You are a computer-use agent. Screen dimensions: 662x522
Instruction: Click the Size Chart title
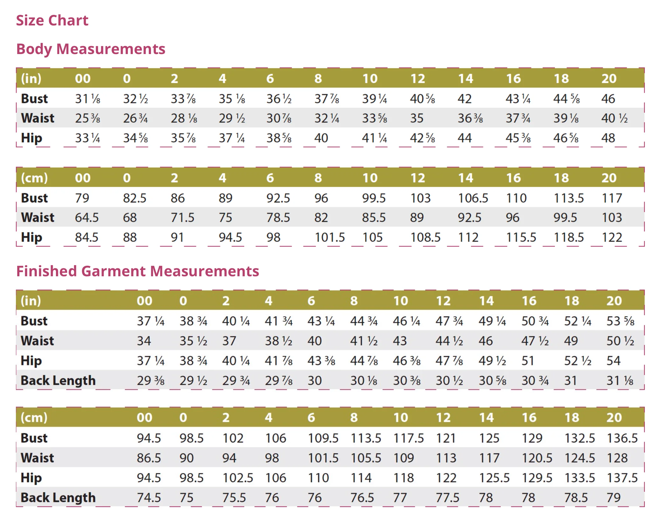click(x=52, y=20)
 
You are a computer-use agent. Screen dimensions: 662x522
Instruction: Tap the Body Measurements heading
click(x=91, y=49)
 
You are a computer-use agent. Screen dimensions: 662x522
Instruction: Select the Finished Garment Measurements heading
click(x=138, y=271)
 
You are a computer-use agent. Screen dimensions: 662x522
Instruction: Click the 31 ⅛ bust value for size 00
click(x=87, y=99)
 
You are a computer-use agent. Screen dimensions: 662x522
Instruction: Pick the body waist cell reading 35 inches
click(x=417, y=118)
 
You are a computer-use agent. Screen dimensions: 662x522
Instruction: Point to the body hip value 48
click(x=608, y=138)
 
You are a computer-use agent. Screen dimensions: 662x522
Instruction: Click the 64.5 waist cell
click(x=87, y=218)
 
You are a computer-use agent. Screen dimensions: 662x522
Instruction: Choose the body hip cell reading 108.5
click(x=425, y=237)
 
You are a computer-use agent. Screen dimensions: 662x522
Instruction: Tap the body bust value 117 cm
click(x=612, y=198)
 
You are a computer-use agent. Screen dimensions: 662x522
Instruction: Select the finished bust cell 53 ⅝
click(x=620, y=321)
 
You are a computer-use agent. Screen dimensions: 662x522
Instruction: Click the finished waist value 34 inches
click(x=144, y=341)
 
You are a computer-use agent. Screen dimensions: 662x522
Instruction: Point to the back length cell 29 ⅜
click(x=151, y=381)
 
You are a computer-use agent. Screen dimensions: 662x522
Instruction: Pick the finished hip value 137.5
click(x=622, y=478)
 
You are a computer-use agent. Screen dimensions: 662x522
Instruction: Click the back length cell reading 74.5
click(x=149, y=498)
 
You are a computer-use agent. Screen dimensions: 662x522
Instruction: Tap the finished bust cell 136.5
click(x=622, y=438)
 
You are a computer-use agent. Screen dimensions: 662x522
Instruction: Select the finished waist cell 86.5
click(x=149, y=458)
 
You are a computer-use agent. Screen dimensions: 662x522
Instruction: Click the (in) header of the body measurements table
click(x=31, y=79)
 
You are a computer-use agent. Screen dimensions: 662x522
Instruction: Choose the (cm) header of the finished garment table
click(x=34, y=417)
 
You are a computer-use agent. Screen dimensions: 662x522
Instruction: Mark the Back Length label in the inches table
click(x=58, y=381)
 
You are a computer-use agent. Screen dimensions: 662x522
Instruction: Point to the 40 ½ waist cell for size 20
click(x=614, y=118)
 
